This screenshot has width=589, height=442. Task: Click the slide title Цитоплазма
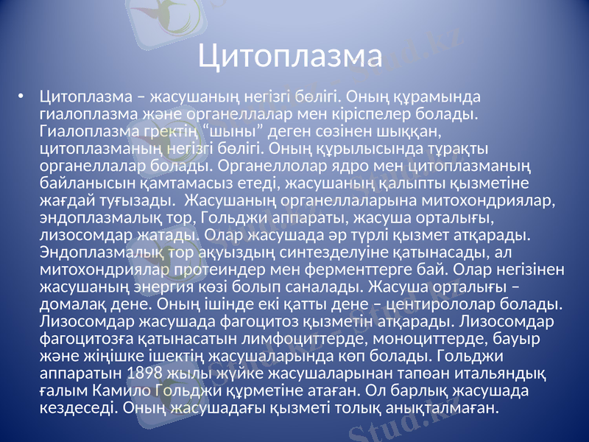(x=292, y=55)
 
